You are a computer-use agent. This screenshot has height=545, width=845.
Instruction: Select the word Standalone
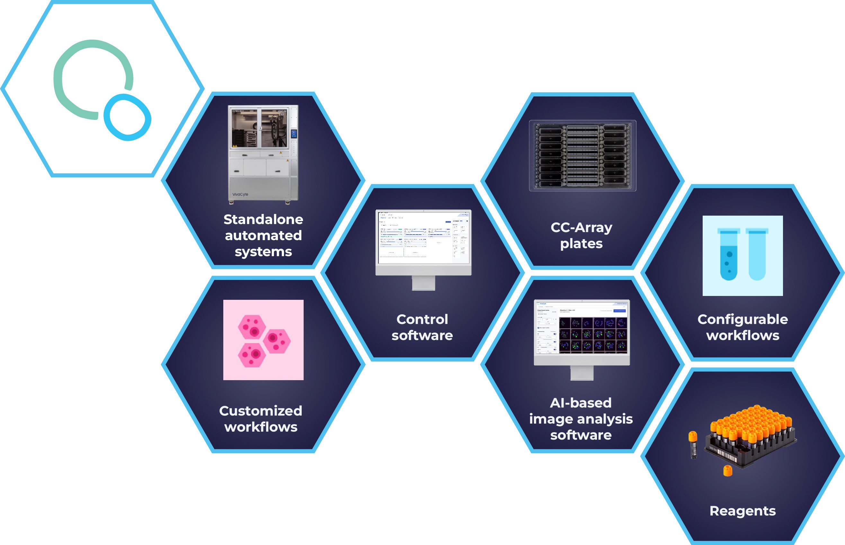tap(263, 219)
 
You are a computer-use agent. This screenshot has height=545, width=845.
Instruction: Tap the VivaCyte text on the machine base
tap(240, 194)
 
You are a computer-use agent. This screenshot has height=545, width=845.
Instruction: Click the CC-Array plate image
tap(583, 156)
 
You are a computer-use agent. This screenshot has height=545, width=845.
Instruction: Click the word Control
tap(422, 319)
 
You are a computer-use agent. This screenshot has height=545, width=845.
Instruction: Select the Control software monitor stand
tap(423, 283)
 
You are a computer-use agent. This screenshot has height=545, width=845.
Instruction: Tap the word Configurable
tap(743, 319)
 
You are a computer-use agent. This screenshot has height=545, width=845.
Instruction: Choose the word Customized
tap(261, 411)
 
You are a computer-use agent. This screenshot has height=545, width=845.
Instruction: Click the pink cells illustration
tap(263, 340)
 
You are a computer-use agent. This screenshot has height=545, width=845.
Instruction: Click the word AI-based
tap(581, 403)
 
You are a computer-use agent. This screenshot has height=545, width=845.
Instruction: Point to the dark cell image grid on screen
tap(593, 335)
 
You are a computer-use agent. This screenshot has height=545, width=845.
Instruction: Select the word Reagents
tap(743, 511)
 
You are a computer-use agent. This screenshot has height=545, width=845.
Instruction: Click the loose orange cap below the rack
tap(727, 471)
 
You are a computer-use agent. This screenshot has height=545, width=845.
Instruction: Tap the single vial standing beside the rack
tap(692, 445)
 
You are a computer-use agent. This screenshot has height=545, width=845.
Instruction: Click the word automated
tap(263, 235)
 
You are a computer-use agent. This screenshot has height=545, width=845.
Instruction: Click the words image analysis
tap(581, 419)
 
